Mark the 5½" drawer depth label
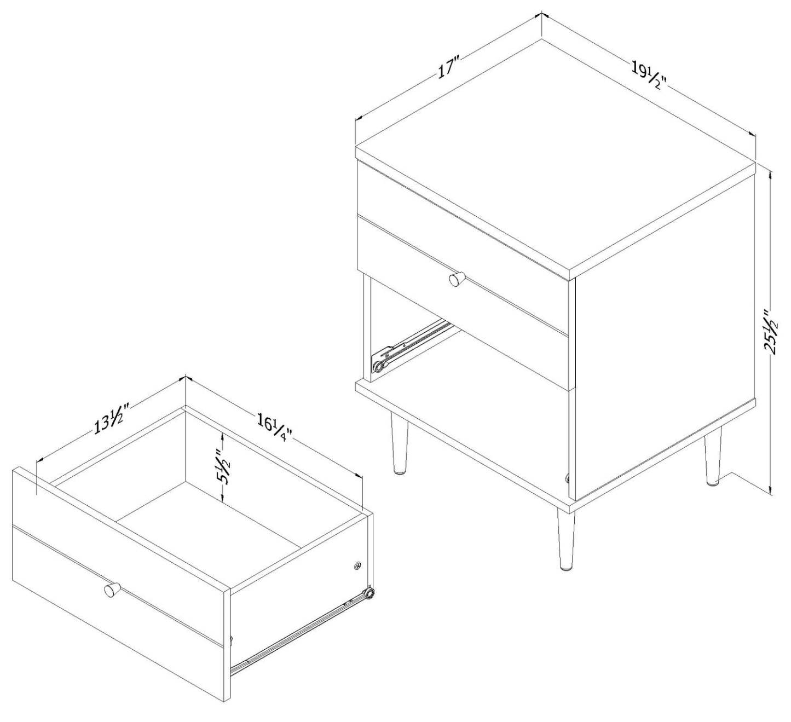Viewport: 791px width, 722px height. pos(222,467)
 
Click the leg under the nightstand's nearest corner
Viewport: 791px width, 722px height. pos(566,539)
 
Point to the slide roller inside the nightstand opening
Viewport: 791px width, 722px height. pos(379,366)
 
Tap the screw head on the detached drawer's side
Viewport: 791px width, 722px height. pos(357,566)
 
